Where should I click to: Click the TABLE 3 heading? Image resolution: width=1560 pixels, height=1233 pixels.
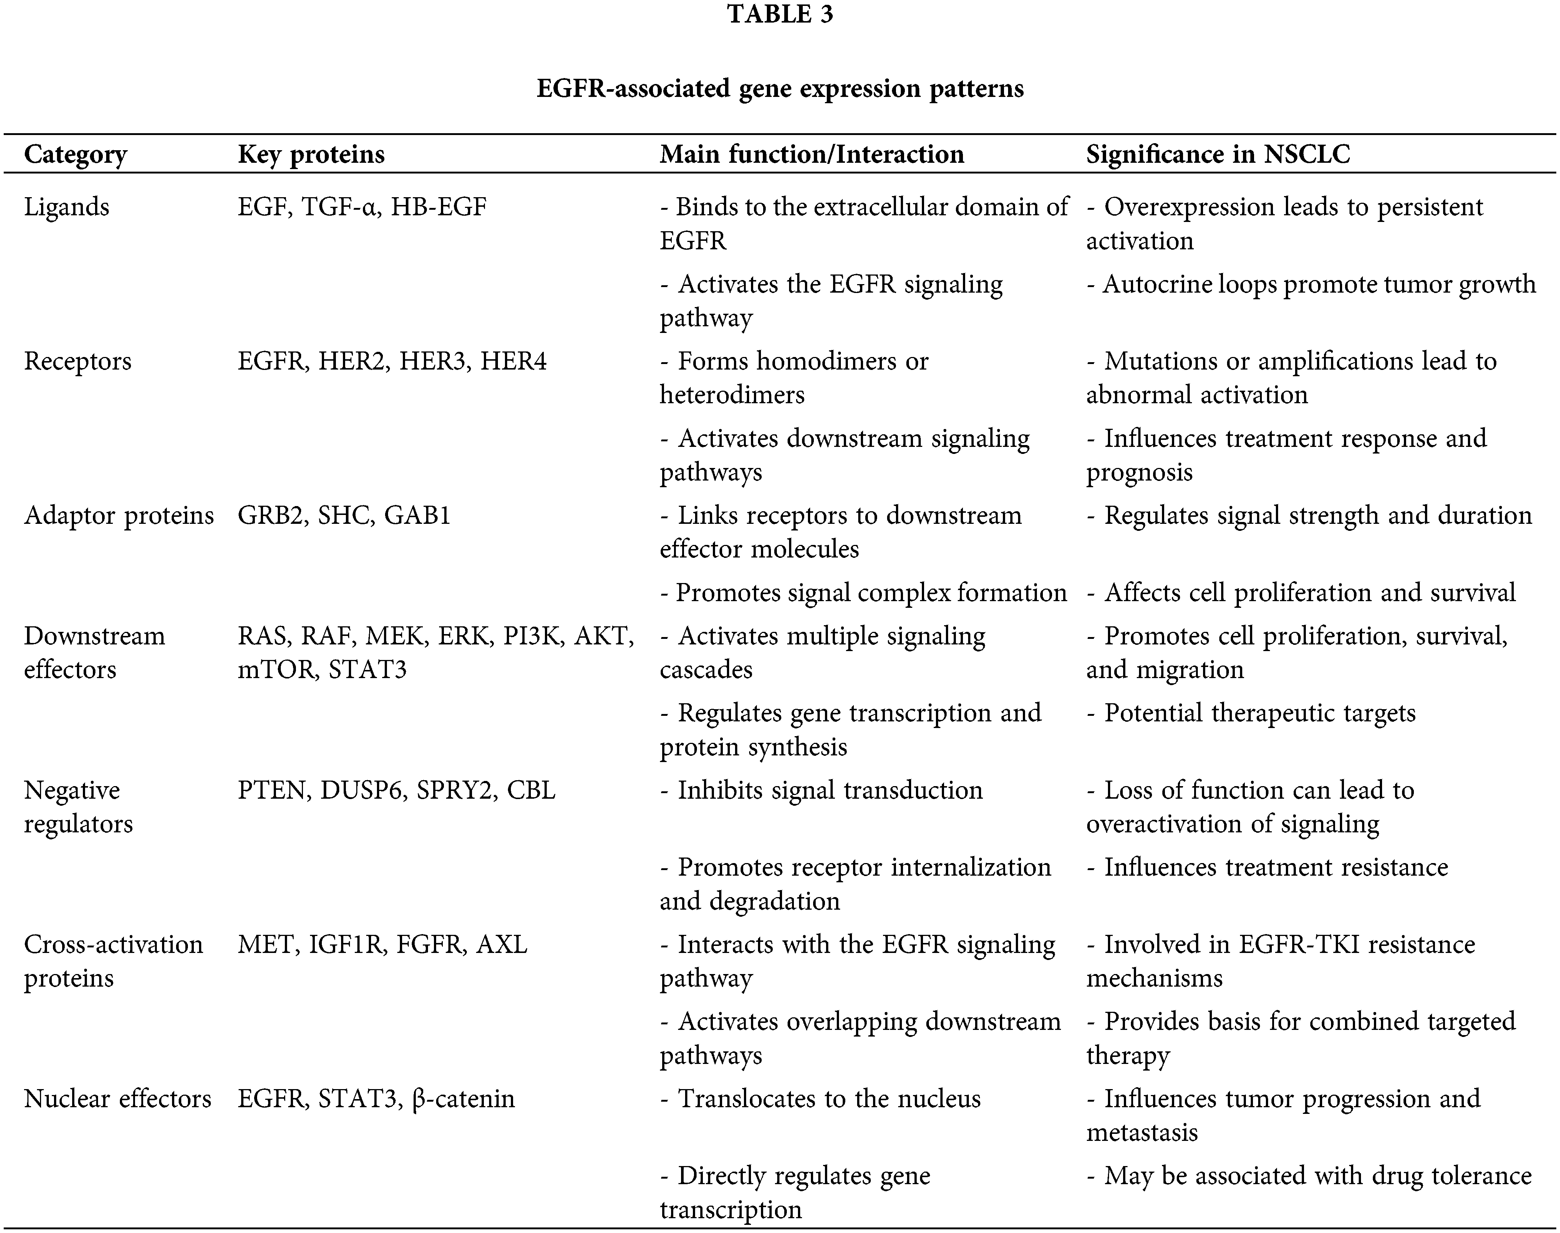pos(780,14)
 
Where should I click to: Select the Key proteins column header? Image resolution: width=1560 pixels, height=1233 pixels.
pos(311,155)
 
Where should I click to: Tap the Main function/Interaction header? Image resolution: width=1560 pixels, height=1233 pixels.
pos(811,155)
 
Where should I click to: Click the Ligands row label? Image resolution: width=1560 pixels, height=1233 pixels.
pos(67,207)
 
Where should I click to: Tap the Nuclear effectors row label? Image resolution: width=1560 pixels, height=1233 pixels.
pos(117,1099)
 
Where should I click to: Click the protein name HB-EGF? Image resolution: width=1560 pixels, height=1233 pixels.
pos(439,207)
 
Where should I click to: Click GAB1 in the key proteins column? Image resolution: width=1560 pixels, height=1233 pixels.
pos(417,515)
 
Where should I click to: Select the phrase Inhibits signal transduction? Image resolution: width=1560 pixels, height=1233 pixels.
pos(829,791)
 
